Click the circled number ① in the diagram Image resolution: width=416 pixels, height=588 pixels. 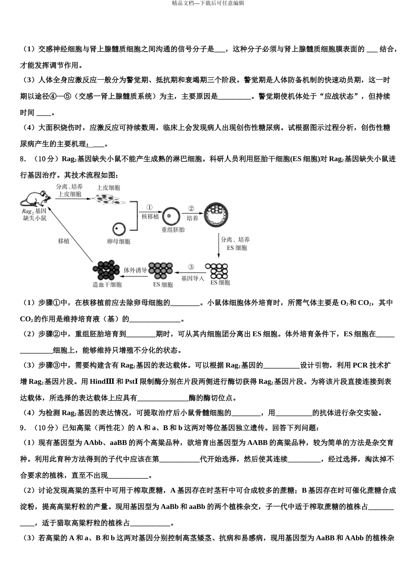[x=150, y=208]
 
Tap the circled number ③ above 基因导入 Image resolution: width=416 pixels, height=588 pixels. [x=191, y=267]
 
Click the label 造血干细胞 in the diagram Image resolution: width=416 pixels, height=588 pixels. [x=107, y=285]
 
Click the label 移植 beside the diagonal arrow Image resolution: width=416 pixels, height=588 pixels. [x=63, y=241]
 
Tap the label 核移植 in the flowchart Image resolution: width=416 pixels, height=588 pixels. [x=150, y=217]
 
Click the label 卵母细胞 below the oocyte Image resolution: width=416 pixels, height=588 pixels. [x=119, y=241]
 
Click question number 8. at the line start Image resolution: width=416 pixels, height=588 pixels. [x=23, y=159]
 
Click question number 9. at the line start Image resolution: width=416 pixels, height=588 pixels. [x=23, y=428]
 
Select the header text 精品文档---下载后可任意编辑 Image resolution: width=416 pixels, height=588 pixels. [x=208, y=3]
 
